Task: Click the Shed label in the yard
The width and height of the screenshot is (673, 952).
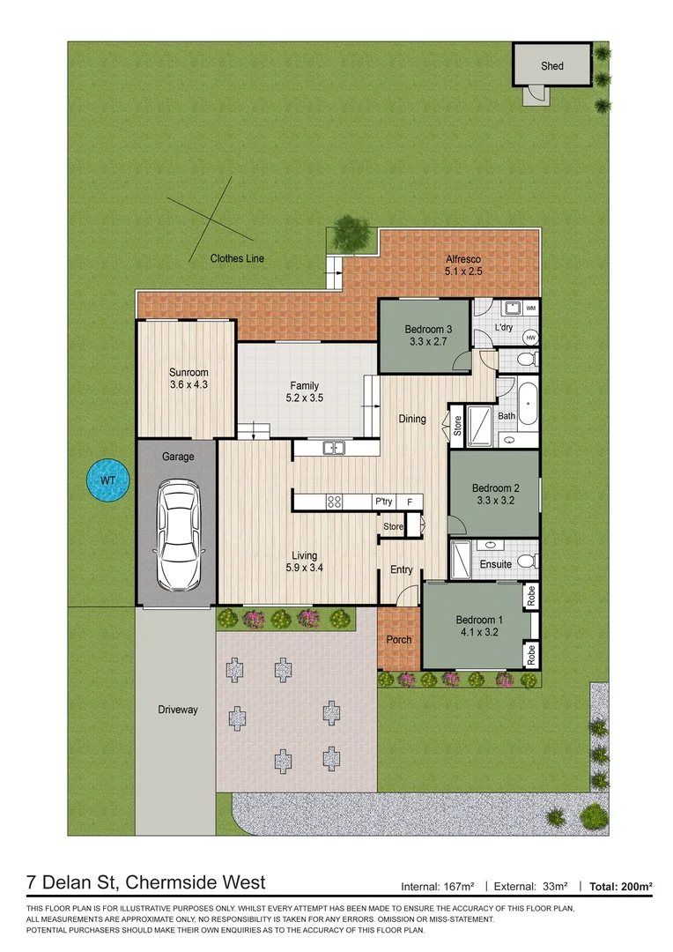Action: tap(552, 66)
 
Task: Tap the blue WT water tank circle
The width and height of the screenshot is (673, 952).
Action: tap(107, 480)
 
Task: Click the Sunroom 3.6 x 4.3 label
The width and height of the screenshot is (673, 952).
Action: tap(189, 379)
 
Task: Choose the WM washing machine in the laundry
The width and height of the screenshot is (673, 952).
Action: tap(530, 309)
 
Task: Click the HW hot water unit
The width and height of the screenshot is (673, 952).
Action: tap(530, 338)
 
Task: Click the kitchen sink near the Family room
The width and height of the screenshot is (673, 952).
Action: tap(333, 448)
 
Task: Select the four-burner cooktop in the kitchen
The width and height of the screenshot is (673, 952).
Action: tap(335, 502)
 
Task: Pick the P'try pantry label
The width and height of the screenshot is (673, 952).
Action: tap(383, 502)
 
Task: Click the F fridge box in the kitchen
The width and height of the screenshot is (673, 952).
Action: tap(410, 502)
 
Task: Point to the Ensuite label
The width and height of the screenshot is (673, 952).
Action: tap(496, 564)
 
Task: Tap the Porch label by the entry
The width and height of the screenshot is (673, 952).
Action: tap(399, 639)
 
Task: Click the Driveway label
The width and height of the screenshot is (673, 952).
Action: tap(178, 710)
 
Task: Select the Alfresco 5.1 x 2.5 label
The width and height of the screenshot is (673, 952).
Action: tap(462, 265)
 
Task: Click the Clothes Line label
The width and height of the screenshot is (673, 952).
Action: tap(237, 258)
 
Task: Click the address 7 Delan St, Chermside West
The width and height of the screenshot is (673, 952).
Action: tap(146, 882)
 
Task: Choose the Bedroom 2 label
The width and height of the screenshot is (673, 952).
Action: tap(493, 494)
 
